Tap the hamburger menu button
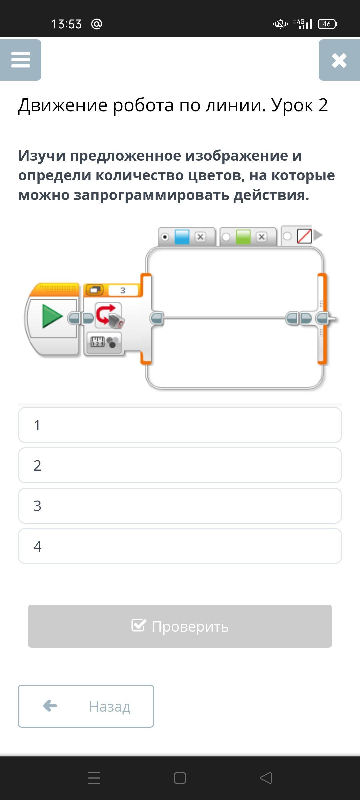click(x=21, y=60)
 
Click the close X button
click(x=339, y=60)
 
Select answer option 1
click(x=180, y=425)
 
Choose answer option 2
click(x=180, y=465)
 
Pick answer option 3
click(x=180, y=506)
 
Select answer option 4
click(x=180, y=546)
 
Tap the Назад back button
click(x=86, y=706)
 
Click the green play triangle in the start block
click(x=52, y=316)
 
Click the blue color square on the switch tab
click(x=182, y=237)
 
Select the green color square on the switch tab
click(x=243, y=237)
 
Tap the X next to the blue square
click(x=200, y=237)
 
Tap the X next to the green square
click(x=262, y=237)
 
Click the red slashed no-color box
click(x=304, y=236)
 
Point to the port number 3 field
click(x=123, y=290)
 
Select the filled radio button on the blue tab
click(x=165, y=237)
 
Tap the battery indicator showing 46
click(x=327, y=24)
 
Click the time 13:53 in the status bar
click(x=66, y=24)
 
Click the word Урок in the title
click(x=292, y=105)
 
